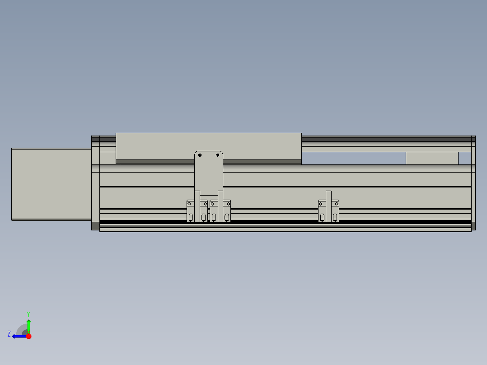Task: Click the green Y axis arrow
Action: click(28, 325)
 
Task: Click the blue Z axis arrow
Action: click(18, 336)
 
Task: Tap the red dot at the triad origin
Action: click(28, 336)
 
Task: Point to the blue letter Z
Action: click(9, 334)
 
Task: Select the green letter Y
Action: click(28, 314)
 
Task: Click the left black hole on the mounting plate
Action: click(200, 155)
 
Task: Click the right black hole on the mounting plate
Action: click(217, 155)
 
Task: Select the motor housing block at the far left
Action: click(51, 184)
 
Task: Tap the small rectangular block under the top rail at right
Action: click(432, 159)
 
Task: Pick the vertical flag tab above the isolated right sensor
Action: click(328, 196)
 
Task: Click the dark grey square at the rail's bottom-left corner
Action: click(95, 226)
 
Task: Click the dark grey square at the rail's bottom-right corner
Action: click(473, 226)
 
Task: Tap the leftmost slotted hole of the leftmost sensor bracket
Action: click(191, 218)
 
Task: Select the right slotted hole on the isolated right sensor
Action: click(335, 218)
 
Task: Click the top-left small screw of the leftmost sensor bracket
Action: click(189, 204)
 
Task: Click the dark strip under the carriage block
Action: click(208, 161)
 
